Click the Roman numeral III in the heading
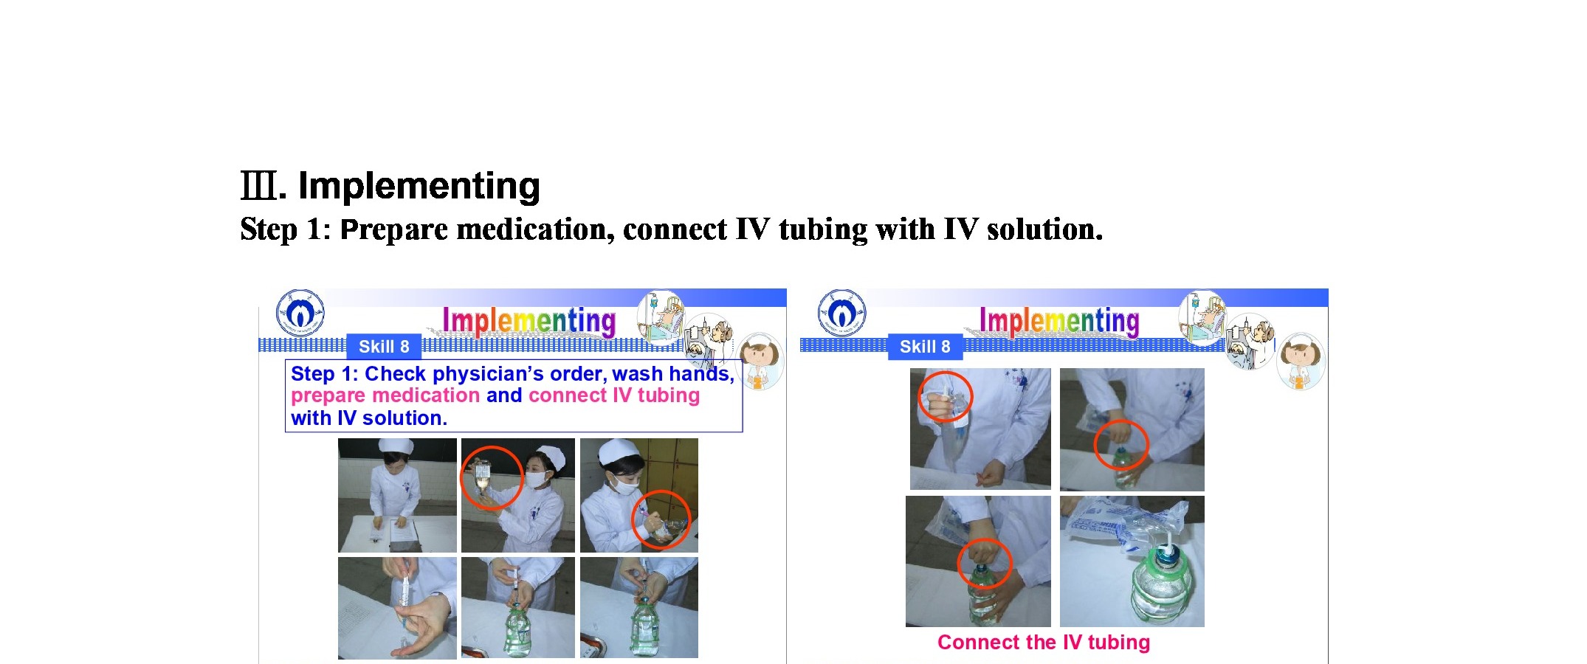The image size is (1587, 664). click(x=260, y=185)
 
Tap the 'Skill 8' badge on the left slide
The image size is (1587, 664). click(x=384, y=347)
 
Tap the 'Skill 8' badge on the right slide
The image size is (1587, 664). click(x=925, y=347)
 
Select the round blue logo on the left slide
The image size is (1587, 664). click(x=300, y=313)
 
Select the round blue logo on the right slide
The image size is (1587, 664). click(x=842, y=313)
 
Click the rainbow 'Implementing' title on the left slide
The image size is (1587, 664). click(x=529, y=322)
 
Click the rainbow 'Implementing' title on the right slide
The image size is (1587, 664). click(x=1059, y=322)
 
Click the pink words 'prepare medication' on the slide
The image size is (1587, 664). click(x=385, y=396)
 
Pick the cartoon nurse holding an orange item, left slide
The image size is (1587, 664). click(x=761, y=361)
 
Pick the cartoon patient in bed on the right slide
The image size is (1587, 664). click(x=1202, y=318)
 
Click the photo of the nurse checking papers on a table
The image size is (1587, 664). click(x=397, y=495)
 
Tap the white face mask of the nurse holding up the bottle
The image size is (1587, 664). click(x=536, y=478)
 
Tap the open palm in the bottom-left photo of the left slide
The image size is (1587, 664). click(x=424, y=624)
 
